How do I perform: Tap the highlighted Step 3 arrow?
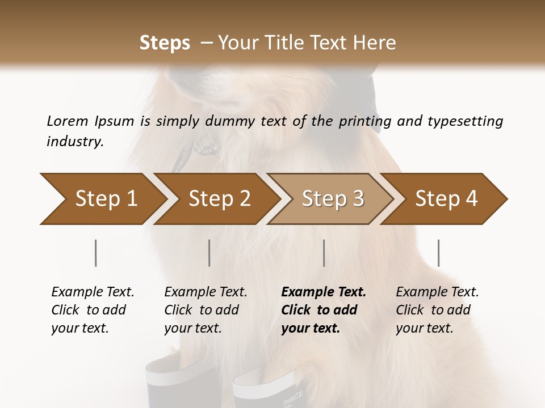pos(333,199)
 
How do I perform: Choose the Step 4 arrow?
pos(446,199)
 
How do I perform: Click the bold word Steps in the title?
pos(165,42)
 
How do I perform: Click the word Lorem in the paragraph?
pos(68,121)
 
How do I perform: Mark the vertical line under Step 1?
pos(96,253)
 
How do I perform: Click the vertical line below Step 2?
pos(209,253)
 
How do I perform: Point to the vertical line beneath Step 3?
pos(324,253)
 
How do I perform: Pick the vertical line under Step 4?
pos(438,253)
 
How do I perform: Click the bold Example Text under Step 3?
pos(324,292)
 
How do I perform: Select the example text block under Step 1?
pos(93,310)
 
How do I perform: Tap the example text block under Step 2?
pos(206,310)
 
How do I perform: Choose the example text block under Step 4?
pos(437,310)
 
